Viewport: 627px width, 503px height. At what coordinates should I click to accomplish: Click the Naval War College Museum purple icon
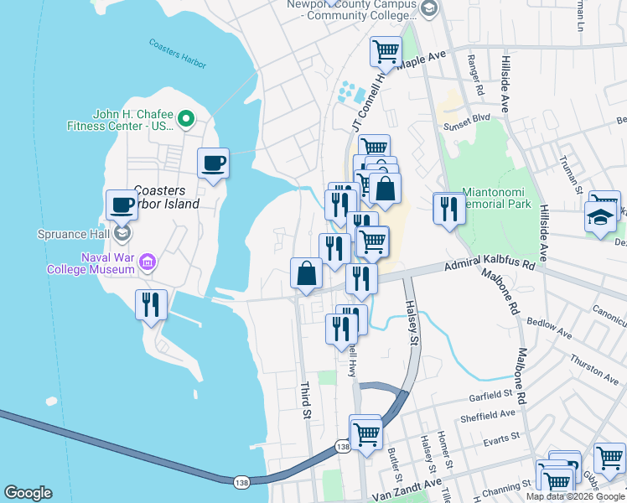(x=148, y=263)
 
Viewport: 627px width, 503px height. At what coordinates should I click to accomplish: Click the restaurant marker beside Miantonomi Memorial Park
(x=448, y=210)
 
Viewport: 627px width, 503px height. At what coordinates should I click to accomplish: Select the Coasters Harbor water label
(x=177, y=54)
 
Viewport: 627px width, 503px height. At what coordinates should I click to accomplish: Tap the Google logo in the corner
(x=28, y=493)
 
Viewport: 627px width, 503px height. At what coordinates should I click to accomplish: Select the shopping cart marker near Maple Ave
(x=386, y=52)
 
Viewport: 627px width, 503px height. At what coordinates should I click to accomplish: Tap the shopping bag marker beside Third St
(x=307, y=274)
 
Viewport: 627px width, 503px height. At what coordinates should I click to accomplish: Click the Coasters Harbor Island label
(x=167, y=197)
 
